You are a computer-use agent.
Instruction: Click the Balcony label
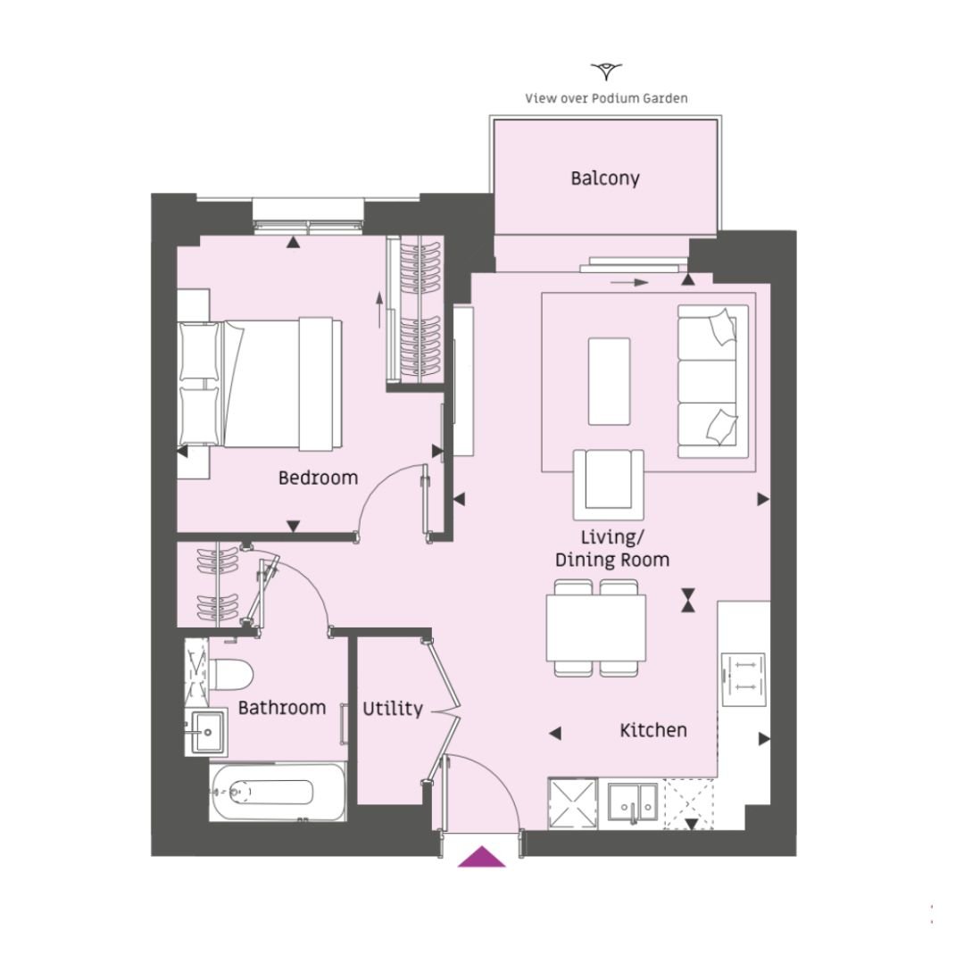point(605,179)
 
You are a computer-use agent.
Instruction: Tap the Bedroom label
point(318,478)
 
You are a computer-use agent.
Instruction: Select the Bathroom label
point(281,708)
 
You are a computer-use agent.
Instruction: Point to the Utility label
point(392,709)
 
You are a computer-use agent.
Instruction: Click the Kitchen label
point(652,730)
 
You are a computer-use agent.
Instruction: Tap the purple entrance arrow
point(481,856)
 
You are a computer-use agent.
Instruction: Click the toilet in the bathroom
point(231,675)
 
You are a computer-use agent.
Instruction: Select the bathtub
point(278,792)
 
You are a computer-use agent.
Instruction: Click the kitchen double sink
point(633,802)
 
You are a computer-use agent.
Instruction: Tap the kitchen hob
point(744,679)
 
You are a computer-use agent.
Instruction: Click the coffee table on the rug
point(609,381)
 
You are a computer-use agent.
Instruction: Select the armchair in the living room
point(608,485)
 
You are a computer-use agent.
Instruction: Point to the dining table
point(595,627)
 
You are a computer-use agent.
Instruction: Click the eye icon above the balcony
point(606,71)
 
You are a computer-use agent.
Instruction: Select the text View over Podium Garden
point(606,98)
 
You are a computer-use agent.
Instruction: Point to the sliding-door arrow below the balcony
point(629,283)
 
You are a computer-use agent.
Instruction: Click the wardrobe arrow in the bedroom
point(379,310)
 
